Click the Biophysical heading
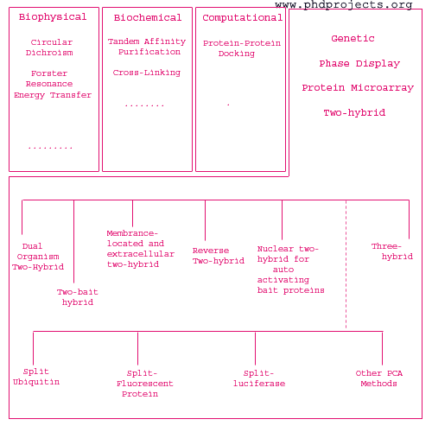(x=53, y=17)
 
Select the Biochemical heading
(x=148, y=17)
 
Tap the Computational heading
(x=243, y=18)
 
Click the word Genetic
(x=353, y=38)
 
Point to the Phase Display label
(x=359, y=63)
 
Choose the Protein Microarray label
(x=358, y=87)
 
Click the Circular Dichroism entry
(x=49, y=48)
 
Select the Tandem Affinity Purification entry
(x=147, y=47)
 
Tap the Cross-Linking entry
(x=147, y=73)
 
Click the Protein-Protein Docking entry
(x=242, y=48)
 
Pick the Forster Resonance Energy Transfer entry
(x=53, y=84)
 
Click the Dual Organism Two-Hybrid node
(x=38, y=257)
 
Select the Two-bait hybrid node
(x=78, y=297)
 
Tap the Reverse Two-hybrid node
(x=219, y=256)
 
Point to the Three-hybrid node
(x=392, y=251)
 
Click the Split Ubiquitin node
(x=36, y=377)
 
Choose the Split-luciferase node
(x=259, y=378)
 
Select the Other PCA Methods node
(x=379, y=378)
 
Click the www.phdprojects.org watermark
(x=344, y=5)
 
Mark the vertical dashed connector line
(x=346, y=264)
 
